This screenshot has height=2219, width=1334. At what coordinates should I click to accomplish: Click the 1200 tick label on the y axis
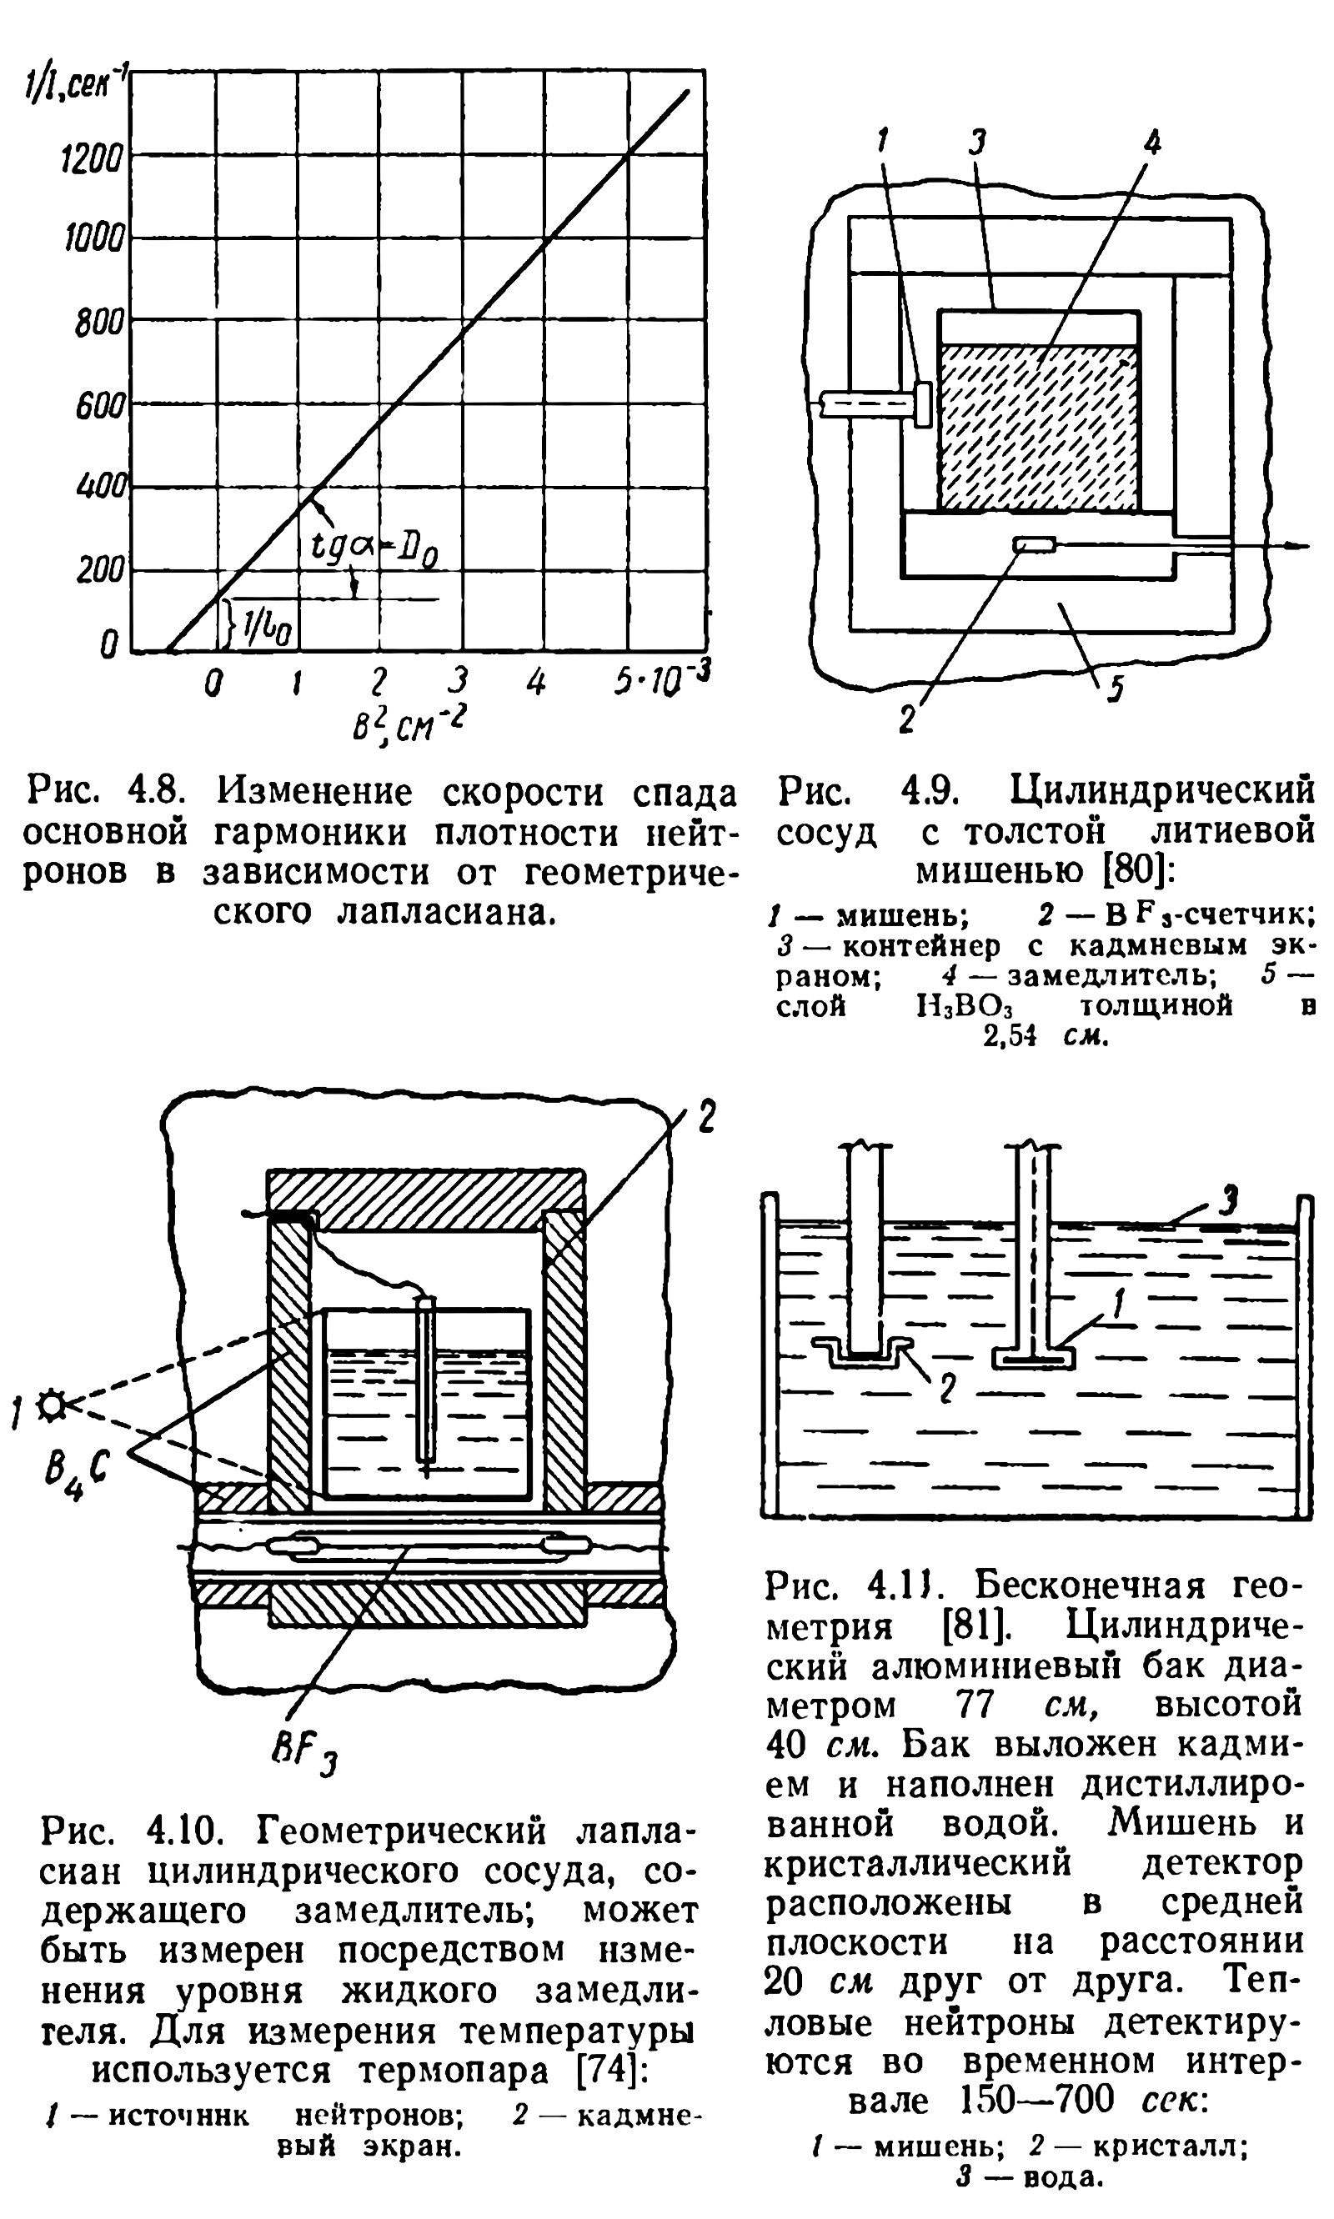pyautogui.click(x=90, y=160)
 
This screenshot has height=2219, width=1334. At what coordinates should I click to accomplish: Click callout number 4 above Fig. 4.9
pyautogui.click(x=1151, y=141)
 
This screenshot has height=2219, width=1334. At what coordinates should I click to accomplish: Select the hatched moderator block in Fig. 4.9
pyautogui.click(x=1037, y=427)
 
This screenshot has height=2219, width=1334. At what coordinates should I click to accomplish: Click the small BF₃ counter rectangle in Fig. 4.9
pyautogui.click(x=1035, y=544)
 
